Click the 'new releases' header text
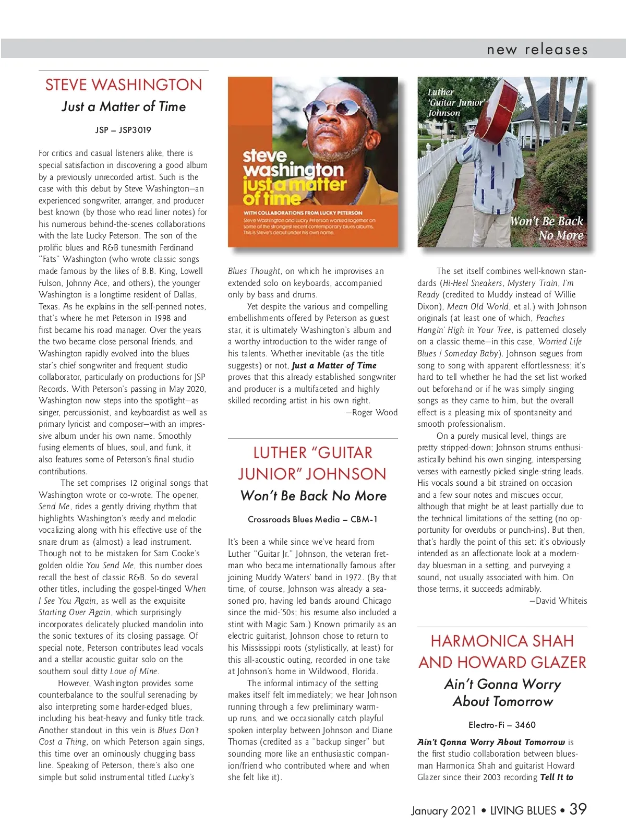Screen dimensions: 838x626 [537, 50]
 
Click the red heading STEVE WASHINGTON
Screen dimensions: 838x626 [124, 85]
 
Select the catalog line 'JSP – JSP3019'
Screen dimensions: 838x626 [124, 130]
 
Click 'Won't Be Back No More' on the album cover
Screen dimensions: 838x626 [547, 228]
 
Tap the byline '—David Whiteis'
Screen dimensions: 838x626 [558, 601]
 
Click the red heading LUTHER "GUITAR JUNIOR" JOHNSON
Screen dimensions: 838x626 [312, 463]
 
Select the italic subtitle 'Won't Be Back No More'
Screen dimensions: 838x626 [313, 496]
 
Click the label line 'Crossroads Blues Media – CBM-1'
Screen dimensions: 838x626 [312, 520]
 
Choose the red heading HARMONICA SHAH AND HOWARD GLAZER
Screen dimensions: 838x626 [502, 652]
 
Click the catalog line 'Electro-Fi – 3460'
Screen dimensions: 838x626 [502, 725]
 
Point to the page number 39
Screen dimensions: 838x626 [578, 809]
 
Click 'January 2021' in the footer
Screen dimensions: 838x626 [443, 810]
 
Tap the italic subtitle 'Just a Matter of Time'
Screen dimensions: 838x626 [124, 107]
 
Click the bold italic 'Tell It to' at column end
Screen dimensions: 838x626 [557, 777]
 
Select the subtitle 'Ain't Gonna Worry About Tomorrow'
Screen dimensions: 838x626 [502, 692]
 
